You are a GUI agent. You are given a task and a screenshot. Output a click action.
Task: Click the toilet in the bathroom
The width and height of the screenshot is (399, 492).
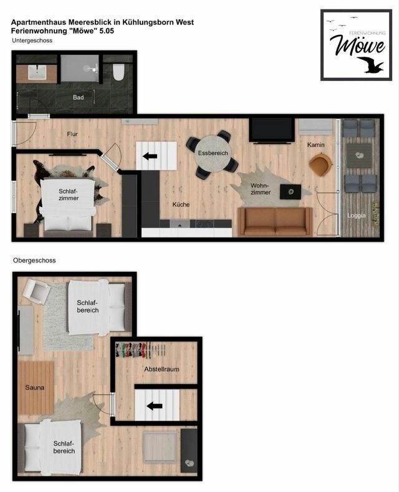click(x=118, y=73)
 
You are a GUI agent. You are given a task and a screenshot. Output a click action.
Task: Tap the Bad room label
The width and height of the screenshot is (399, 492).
click(x=78, y=98)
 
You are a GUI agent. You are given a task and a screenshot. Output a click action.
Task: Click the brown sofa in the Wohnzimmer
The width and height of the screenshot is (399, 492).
click(x=275, y=222)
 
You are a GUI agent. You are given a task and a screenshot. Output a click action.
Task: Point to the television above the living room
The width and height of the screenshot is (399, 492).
click(x=272, y=130)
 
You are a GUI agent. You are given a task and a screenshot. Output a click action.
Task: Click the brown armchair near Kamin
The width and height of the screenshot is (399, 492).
click(x=320, y=165)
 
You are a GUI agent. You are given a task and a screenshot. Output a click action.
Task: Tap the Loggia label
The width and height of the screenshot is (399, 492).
click(x=357, y=215)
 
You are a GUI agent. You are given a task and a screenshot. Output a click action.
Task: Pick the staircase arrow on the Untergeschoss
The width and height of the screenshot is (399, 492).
click(x=150, y=156)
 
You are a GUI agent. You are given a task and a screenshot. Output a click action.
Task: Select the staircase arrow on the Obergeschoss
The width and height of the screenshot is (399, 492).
click(x=154, y=406)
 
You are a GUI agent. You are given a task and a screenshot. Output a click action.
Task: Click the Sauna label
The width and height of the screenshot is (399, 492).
click(x=35, y=387)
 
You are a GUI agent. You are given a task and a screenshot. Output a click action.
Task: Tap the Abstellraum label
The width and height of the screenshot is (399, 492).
click(x=161, y=369)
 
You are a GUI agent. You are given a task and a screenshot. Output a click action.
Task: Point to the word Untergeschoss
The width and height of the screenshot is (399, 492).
click(x=32, y=40)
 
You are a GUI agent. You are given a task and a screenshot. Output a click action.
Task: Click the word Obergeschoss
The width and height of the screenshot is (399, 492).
click(x=34, y=261)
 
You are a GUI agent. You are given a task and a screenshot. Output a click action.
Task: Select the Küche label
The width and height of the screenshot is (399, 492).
click(x=181, y=205)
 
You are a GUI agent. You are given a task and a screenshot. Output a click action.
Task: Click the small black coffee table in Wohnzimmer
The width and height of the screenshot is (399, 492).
click(x=288, y=192)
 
